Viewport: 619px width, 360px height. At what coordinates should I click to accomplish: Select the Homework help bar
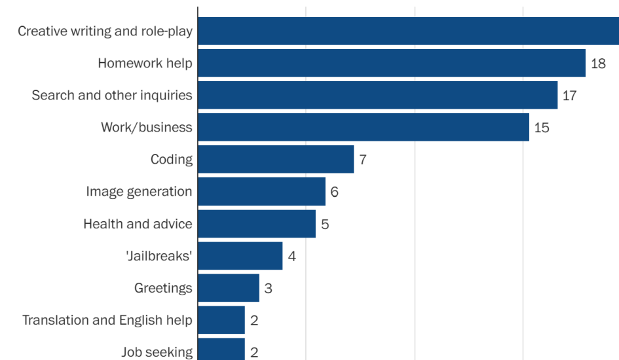tap(391, 63)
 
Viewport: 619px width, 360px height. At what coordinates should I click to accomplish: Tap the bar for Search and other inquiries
tap(377, 95)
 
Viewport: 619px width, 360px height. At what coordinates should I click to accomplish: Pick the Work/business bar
tap(363, 127)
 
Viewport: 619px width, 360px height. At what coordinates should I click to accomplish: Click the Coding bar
tap(275, 159)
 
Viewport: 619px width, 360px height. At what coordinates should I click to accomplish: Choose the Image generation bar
tap(261, 191)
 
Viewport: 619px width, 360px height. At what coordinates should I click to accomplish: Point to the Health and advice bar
tap(256, 223)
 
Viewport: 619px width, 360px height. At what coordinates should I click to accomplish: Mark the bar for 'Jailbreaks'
tap(240, 255)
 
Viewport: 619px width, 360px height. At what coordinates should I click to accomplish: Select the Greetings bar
tap(228, 287)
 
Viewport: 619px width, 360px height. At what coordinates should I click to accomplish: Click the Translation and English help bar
tap(221, 319)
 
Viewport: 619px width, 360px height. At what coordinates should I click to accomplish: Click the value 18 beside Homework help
tap(598, 63)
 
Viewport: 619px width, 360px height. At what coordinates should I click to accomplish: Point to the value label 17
tap(569, 96)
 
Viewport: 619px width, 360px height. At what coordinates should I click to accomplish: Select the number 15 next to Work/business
tap(542, 128)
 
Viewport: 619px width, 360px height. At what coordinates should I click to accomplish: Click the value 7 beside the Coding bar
tap(362, 160)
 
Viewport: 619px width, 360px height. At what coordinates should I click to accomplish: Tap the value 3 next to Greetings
tap(268, 288)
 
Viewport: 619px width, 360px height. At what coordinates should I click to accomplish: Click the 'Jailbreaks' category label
tap(159, 256)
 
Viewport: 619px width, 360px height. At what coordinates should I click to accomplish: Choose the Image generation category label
tap(139, 192)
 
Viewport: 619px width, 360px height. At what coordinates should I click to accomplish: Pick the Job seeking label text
tap(157, 352)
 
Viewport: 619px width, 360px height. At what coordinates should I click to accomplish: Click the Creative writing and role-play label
tap(105, 31)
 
